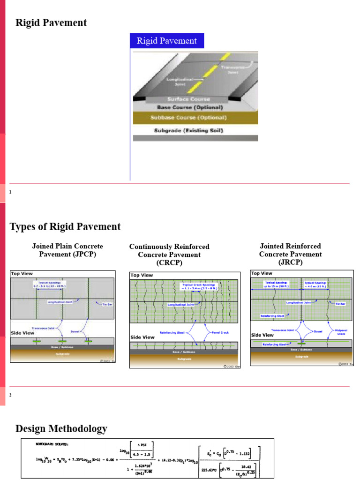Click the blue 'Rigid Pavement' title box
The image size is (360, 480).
coord(166,41)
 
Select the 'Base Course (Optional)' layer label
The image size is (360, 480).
coord(187,107)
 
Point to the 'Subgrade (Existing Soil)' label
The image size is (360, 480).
coord(188,130)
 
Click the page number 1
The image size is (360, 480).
coord(10,192)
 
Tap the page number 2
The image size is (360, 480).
coord(10,395)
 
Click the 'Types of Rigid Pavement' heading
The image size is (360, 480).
coord(65,227)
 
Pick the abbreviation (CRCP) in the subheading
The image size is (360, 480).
coord(169,263)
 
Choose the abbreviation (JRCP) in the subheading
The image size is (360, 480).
coord(290,262)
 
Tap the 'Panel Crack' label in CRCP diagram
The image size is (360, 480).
coord(215,332)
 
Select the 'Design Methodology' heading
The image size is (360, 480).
coord(61,428)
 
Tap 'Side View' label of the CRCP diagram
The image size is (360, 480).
coord(142,337)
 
